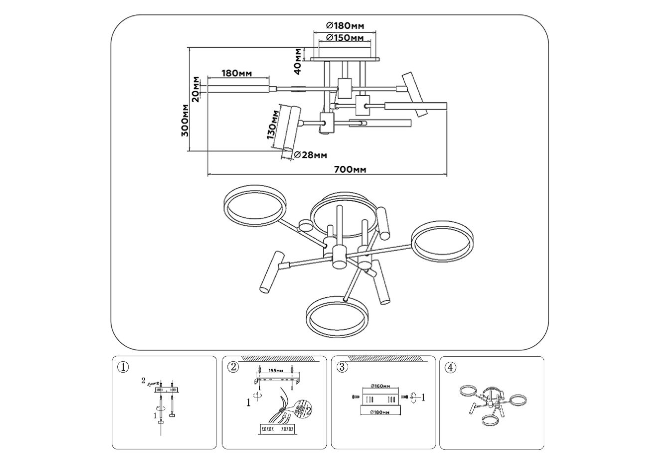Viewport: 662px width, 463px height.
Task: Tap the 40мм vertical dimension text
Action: pyautogui.click(x=297, y=61)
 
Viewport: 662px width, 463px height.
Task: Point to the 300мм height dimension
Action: pyautogui.click(x=185, y=121)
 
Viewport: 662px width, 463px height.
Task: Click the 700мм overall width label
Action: pyautogui.click(x=350, y=169)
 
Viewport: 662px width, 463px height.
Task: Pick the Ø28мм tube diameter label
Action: pyautogui.click(x=310, y=155)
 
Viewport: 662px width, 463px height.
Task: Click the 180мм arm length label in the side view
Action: pyautogui.click(x=236, y=73)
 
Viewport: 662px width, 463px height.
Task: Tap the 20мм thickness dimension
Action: pyautogui.click(x=196, y=89)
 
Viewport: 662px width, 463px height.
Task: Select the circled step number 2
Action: pyautogui.click(x=233, y=367)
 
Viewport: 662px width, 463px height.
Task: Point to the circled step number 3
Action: pyautogui.click(x=341, y=367)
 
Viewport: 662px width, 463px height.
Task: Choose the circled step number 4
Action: pyautogui.click(x=450, y=367)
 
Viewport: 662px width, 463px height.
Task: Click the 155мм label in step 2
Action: pyautogui.click(x=276, y=370)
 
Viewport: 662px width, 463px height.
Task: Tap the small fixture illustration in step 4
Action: pyautogui.click(x=491, y=402)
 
